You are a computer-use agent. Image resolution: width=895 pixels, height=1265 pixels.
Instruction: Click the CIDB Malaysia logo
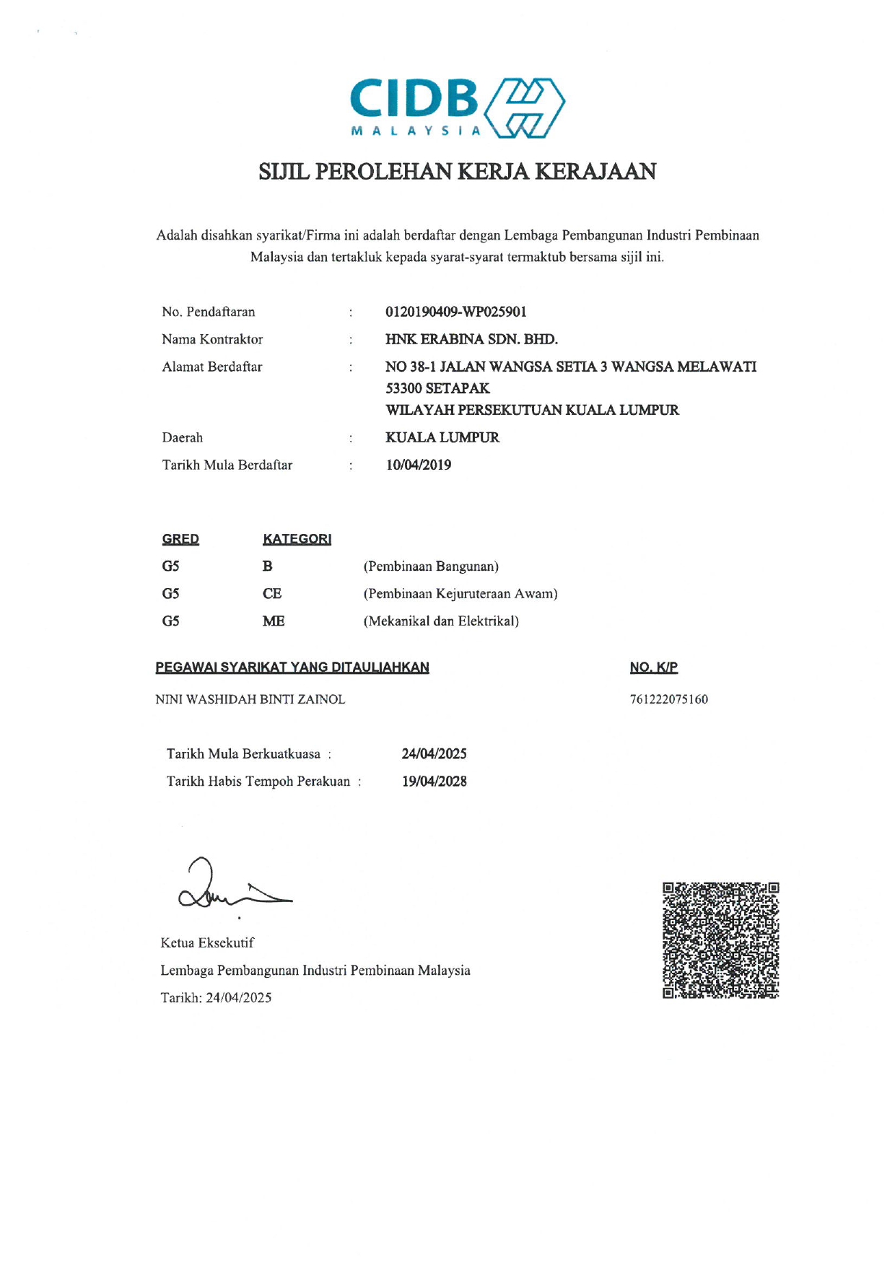[x=458, y=108]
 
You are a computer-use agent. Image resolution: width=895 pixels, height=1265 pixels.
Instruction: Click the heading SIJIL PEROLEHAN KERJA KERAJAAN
[x=458, y=172]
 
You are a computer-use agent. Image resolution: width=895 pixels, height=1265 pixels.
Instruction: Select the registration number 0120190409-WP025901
[x=456, y=312]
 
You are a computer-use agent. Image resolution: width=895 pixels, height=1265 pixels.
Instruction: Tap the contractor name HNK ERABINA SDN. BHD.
[x=471, y=339]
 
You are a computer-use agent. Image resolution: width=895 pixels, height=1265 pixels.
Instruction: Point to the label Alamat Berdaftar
[x=212, y=367]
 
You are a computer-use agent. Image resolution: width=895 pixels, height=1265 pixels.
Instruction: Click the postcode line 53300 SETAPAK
[x=437, y=388]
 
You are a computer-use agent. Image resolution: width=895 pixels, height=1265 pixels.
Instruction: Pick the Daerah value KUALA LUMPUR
[x=442, y=437]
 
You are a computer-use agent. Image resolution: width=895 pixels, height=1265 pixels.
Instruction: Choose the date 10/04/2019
[x=419, y=465]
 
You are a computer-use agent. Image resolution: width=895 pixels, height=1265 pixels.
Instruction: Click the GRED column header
[x=180, y=539]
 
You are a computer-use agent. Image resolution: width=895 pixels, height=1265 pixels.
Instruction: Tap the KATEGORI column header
[x=297, y=539]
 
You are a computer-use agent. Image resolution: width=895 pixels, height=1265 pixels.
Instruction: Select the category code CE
[x=272, y=594]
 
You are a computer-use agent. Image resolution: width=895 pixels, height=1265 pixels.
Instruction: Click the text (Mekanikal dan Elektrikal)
[x=441, y=621]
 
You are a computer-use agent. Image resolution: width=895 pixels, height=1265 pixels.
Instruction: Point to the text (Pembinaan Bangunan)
[x=431, y=566]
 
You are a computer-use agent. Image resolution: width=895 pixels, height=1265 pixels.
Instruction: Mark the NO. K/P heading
[x=654, y=667]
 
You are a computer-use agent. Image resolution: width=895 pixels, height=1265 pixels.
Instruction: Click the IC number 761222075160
[x=669, y=699]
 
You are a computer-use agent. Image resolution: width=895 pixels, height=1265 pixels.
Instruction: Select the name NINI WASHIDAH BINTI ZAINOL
[x=250, y=699]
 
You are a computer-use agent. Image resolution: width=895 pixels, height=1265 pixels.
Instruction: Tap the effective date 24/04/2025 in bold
[x=435, y=754]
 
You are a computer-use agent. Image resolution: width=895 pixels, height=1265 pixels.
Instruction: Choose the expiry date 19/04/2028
[x=435, y=782]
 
